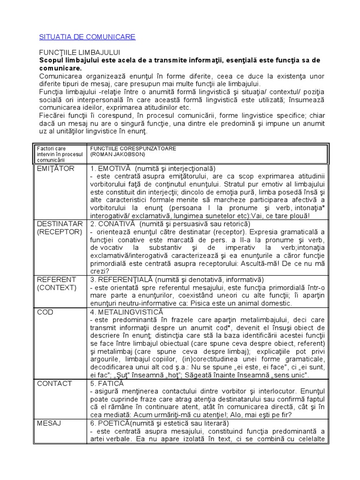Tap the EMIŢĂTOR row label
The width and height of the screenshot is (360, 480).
pos(55,169)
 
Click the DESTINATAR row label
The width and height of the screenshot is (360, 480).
pos(60,223)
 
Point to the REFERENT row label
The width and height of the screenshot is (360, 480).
pos(56,279)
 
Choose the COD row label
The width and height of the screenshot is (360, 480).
pos(45,312)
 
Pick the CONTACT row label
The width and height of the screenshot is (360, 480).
pos(54,383)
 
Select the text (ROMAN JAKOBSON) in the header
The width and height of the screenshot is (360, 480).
pos(117,154)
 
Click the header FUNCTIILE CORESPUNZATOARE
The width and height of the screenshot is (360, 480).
pos(133,148)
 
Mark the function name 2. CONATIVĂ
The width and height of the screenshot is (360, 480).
pos(113,223)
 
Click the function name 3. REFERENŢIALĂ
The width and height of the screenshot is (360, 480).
pos(119,279)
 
